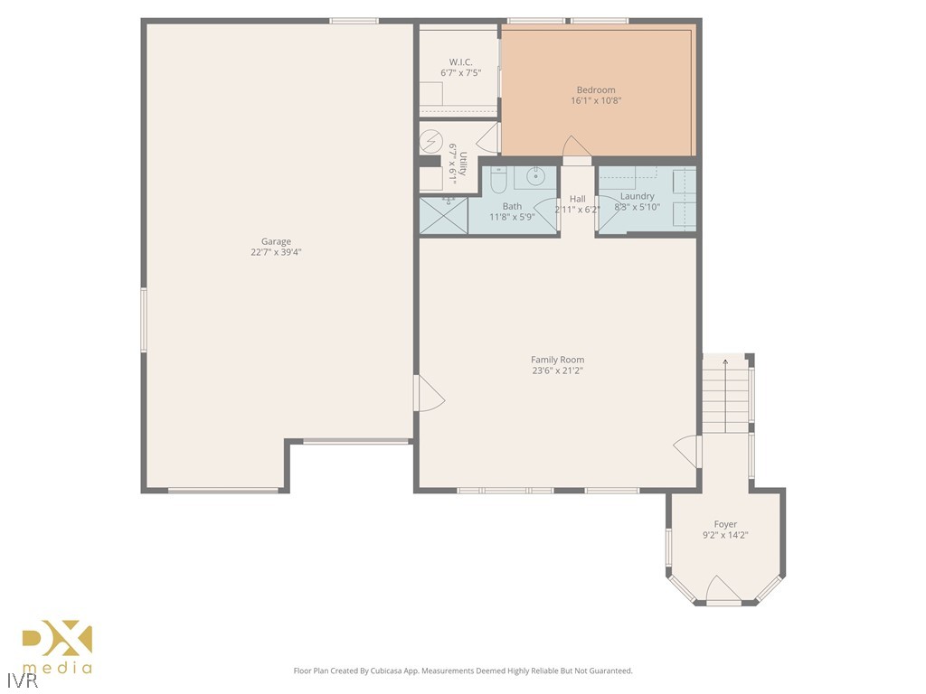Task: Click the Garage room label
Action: (276, 241)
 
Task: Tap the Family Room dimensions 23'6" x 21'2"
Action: (558, 370)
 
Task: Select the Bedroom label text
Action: (596, 89)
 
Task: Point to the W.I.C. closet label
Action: (461, 62)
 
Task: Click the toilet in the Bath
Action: (497, 183)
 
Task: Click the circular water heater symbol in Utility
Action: (431, 143)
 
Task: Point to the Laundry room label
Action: (637, 196)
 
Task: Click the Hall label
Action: (577, 199)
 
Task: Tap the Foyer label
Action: (725, 524)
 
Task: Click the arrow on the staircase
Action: (724, 363)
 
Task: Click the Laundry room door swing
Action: (609, 210)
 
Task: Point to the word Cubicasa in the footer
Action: (392, 671)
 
